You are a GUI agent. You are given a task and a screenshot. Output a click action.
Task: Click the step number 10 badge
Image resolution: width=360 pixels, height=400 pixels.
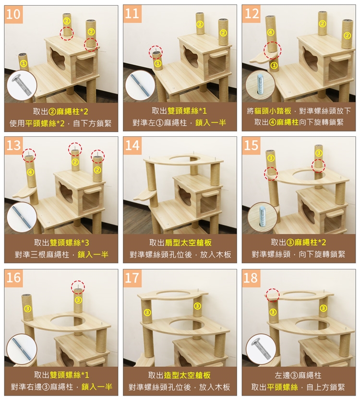point(13,14)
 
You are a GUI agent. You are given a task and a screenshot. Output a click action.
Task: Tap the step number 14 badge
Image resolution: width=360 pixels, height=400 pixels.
point(132,145)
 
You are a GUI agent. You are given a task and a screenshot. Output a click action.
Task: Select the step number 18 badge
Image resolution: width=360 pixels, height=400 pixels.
point(251,278)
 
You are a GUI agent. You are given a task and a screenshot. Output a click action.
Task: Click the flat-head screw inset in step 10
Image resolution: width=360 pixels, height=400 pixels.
point(22,85)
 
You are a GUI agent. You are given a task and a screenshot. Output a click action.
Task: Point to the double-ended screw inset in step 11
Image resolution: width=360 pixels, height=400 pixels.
point(141,85)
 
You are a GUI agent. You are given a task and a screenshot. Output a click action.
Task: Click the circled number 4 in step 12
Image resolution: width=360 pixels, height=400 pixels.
point(271,32)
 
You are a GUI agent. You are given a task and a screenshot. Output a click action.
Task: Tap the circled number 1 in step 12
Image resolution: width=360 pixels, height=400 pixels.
point(274,66)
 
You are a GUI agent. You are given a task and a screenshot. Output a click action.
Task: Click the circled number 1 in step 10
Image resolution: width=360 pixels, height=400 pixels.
point(23,63)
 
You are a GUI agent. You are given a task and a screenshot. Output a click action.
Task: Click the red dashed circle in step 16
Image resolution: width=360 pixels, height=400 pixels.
point(78,287)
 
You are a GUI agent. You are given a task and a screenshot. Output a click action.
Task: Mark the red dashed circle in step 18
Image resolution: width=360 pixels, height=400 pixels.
point(273,295)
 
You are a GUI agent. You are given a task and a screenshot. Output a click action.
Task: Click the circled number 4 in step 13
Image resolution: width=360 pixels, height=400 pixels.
point(30,172)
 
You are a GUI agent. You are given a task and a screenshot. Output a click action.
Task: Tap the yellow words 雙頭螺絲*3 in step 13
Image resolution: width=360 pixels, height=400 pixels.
point(69,242)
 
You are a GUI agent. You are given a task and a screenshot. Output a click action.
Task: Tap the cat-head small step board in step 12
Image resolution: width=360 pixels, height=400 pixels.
point(263,58)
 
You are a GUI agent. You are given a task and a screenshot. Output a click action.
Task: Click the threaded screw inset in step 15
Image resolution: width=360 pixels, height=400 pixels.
point(263,218)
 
